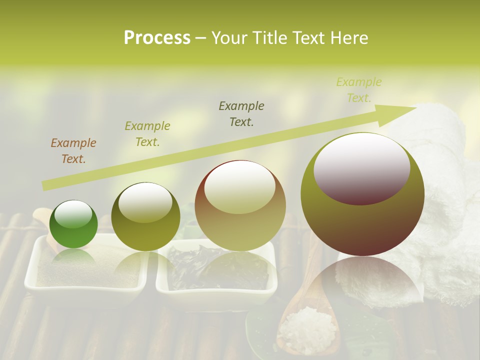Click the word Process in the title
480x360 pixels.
[x=157, y=38]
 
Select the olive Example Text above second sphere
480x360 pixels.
[x=147, y=134]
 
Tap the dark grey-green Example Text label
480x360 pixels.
[x=241, y=114]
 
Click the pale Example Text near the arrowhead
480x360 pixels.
[x=358, y=90]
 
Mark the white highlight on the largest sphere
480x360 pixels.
[x=362, y=167]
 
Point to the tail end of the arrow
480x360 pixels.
[x=46, y=186]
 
